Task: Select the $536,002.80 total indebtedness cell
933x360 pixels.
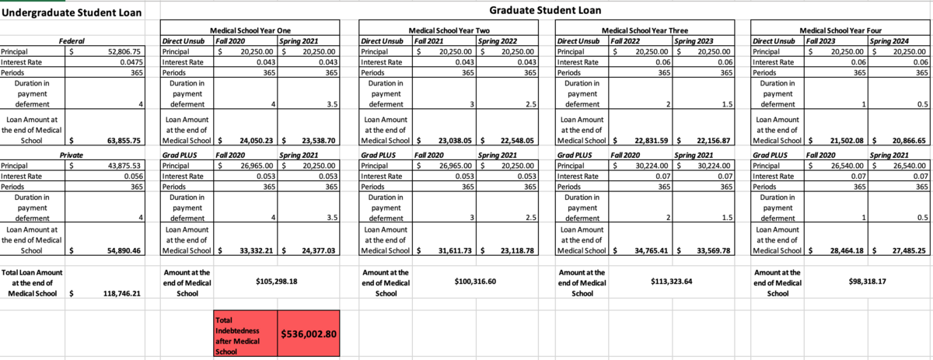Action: click(x=308, y=334)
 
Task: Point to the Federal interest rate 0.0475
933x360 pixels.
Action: click(x=129, y=61)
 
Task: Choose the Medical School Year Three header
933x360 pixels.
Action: click(x=645, y=28)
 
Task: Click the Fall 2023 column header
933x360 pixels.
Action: click(x=822, y=40)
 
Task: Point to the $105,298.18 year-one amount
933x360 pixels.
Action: click(x=277, y=280)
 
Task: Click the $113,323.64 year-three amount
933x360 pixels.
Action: click(x=672, y=280)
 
